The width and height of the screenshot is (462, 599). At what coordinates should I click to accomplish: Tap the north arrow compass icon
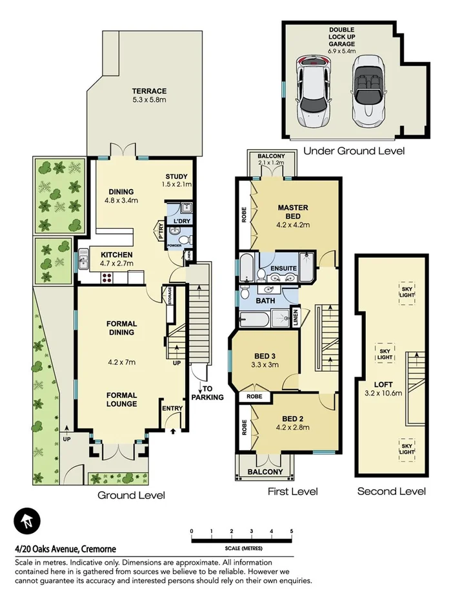point(27,521)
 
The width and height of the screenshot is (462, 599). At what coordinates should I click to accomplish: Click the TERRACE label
point(150,91)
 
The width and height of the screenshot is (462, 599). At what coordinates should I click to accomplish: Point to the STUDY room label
point(176,176)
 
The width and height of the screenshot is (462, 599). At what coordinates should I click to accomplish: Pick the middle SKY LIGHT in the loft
point(385,353)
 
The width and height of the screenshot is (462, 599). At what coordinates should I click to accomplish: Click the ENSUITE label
point(284,268)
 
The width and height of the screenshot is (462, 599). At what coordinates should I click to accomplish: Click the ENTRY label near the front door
point(173,408)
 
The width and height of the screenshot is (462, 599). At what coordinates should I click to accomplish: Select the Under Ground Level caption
point(354,151)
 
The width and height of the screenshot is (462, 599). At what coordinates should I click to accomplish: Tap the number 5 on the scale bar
point(292,532)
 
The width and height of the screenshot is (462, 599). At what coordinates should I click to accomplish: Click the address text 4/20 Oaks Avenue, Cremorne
point(56,549)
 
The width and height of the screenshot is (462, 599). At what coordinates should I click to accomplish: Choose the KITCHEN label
point(116,255)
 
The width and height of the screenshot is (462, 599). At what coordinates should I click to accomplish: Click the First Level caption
point(293,492)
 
